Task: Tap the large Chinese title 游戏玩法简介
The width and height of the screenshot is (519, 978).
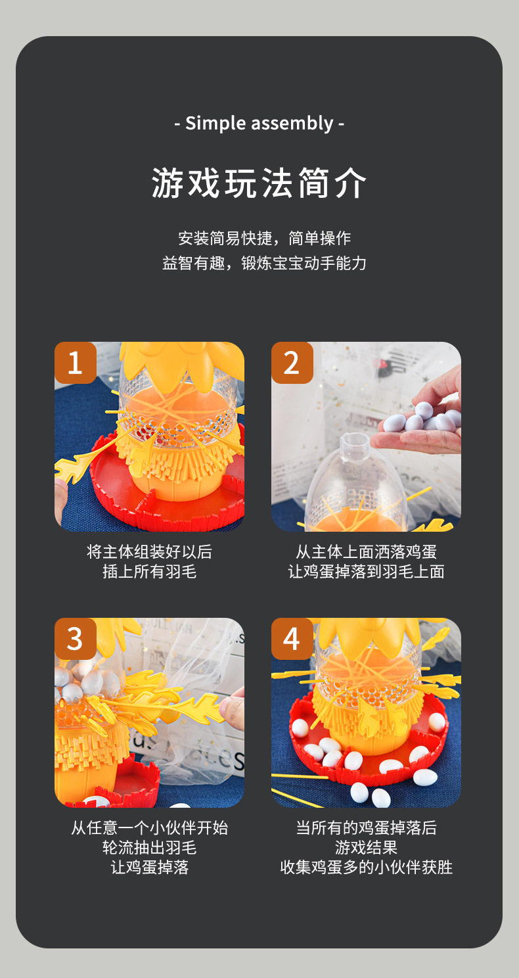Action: (259, 183)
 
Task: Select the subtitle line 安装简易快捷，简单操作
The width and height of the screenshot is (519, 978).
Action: (265, 238)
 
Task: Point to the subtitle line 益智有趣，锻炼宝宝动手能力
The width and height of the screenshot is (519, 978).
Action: (265, 263)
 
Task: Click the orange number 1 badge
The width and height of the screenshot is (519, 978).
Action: (75, 363)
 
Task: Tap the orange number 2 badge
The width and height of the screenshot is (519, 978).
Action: (292, 363)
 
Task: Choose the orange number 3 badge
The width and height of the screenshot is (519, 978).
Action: (75, 639)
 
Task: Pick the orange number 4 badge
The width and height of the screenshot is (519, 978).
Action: (292, 639)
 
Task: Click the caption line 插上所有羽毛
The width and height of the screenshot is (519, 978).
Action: (149, 571)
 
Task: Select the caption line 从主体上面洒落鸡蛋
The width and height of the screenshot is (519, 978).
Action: (366, 551)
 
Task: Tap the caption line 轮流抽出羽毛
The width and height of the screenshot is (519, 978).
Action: (149, 847)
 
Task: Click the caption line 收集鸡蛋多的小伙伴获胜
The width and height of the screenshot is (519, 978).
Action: (366, 867)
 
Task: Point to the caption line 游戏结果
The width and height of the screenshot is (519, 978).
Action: (366, 847)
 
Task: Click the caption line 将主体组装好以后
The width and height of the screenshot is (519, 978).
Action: (149, 551)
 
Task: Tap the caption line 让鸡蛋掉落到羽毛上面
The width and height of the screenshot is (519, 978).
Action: (366, 571)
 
